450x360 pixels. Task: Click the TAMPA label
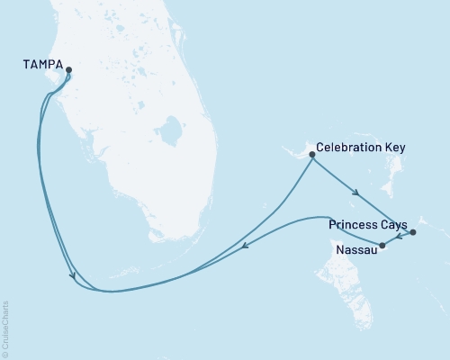pyautogui.click(x=42, y=65)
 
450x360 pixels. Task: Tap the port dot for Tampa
pyautogui.click(x=68, y=70)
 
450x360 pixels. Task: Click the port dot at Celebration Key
pyautogui.click(x=312, y=155)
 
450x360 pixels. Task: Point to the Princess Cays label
pyautogui.click(x=368, y=222)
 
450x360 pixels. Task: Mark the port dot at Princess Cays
pyautogui.click(x=412, y=233)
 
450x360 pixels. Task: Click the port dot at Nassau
pyautogui.click(x=382, y=245)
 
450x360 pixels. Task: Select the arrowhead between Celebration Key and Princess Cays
pyautogui.click(x=357, y=193)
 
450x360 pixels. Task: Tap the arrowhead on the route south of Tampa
pyautogui.click(x=72, y=277)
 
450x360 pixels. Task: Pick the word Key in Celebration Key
pyautogui.click(x=395, y=147)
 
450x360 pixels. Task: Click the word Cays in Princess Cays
pyautogui.click(x=393, y=222)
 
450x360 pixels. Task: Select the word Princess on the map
pyautogui.click(x=353, y=222)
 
